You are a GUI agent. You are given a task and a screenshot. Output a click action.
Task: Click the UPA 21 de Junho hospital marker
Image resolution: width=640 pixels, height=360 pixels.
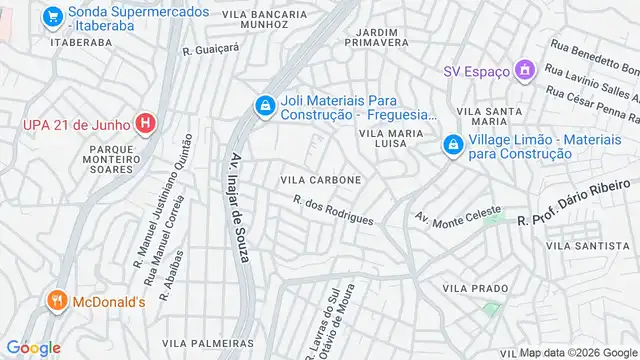[x=146, y=125]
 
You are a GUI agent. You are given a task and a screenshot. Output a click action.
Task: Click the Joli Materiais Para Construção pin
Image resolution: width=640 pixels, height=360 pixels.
[x=264, y=105]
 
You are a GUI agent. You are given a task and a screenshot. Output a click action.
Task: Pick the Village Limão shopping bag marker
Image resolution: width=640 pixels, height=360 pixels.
[x=453, y=146]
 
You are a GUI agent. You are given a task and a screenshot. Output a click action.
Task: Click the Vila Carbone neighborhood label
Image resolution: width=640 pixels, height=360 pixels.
[x=320, y=179]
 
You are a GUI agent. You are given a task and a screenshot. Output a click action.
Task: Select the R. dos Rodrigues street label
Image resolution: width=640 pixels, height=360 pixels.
[x=334, y=210]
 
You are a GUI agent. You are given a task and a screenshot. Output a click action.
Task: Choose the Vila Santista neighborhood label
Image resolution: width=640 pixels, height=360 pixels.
[x=587, y=245]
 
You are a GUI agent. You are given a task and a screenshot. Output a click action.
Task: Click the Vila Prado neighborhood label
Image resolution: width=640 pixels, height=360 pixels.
[x=475, y=288]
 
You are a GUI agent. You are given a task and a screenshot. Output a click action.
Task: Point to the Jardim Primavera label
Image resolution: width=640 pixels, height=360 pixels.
[x=377, y=36]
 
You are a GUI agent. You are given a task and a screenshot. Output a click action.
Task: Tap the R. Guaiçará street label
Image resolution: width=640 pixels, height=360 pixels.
[x=211, y=47]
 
